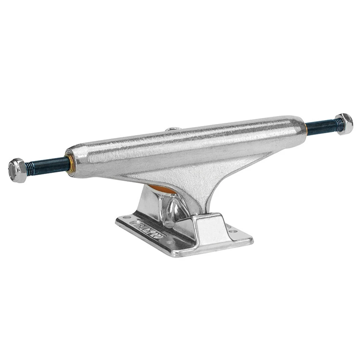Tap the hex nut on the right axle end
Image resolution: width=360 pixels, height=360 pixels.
[344, 124]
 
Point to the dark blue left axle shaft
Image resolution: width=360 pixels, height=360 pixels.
[50, 165]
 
